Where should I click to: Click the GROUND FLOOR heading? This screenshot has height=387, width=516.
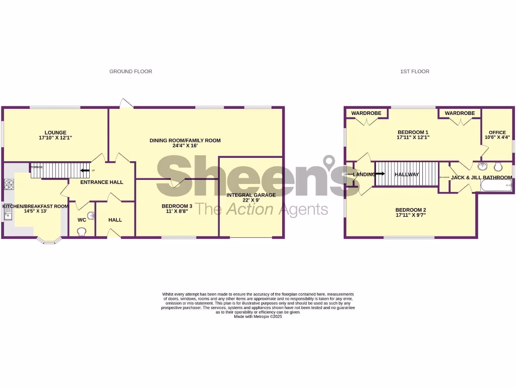pyautogui.click(x=131, y=72)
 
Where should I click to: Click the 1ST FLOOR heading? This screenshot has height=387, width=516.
pyautogui.click(x=415, y=72)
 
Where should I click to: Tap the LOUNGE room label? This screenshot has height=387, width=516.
pyautogui.click(x=55, y=133)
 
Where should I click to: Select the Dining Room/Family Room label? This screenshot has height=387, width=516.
pyautogui.click(x=185, y=141)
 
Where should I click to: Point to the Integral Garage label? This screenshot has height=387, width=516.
pyautogui.click(x=250, y=195)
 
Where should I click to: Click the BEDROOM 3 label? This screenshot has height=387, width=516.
pyautogui.click(x=177, y=206)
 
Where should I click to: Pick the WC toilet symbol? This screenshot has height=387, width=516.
pyautogui.click(x=82, y=231)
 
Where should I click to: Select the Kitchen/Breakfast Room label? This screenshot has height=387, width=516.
pyautogui.click(x=35, y=206)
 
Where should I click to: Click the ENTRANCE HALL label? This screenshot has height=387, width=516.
pyautogui.click(x=102, y=182)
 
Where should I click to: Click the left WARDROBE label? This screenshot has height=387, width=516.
pyautogui.click(x=366, y=113)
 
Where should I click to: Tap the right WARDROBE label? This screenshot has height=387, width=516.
pyautogui.click(x=460, y=113)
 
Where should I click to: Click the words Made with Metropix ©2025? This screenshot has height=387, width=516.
pyautogui.click(x=258, y=316)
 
